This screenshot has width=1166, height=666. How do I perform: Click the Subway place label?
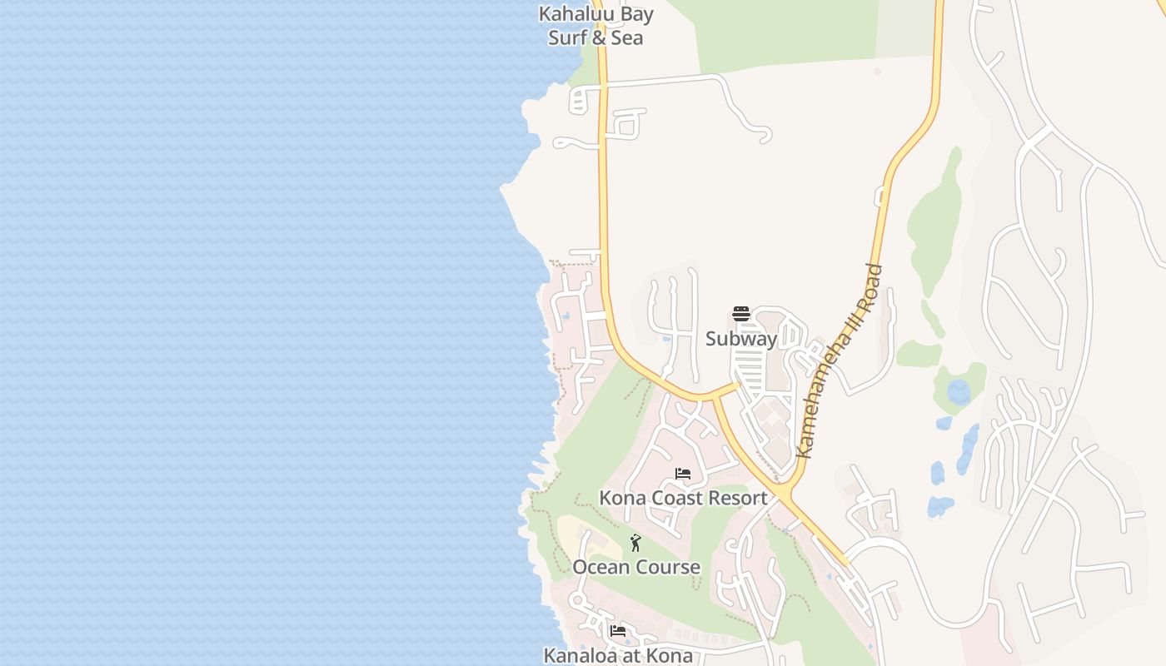tap(741, 339)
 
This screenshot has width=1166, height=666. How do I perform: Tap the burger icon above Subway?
tap(741, 315)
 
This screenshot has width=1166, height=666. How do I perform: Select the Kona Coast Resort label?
tap(683, 498)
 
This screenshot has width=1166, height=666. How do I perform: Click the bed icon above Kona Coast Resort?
tap(683, 475)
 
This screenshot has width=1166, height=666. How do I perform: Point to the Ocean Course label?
tap(636, 567)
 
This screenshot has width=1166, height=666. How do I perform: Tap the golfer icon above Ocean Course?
tap(635, 544)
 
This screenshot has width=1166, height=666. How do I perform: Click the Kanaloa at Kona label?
tap(618, 655)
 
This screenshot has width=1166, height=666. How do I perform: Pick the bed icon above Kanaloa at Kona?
tap(618, 631)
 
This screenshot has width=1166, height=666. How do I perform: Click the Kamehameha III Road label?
tap(839, 361)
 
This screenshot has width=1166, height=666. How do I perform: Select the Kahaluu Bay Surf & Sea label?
tap(595, 26)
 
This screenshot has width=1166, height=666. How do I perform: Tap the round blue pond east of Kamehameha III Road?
tap(959, 391)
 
